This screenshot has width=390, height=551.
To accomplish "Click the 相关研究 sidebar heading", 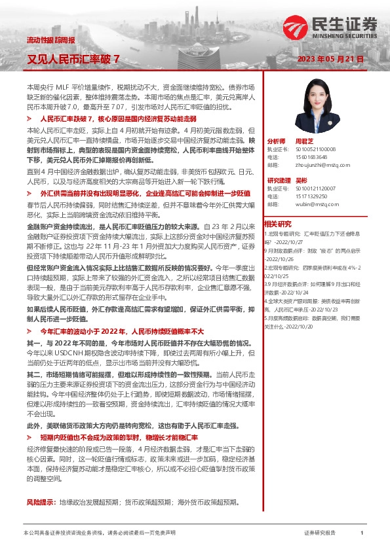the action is [x=278, y=223].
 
